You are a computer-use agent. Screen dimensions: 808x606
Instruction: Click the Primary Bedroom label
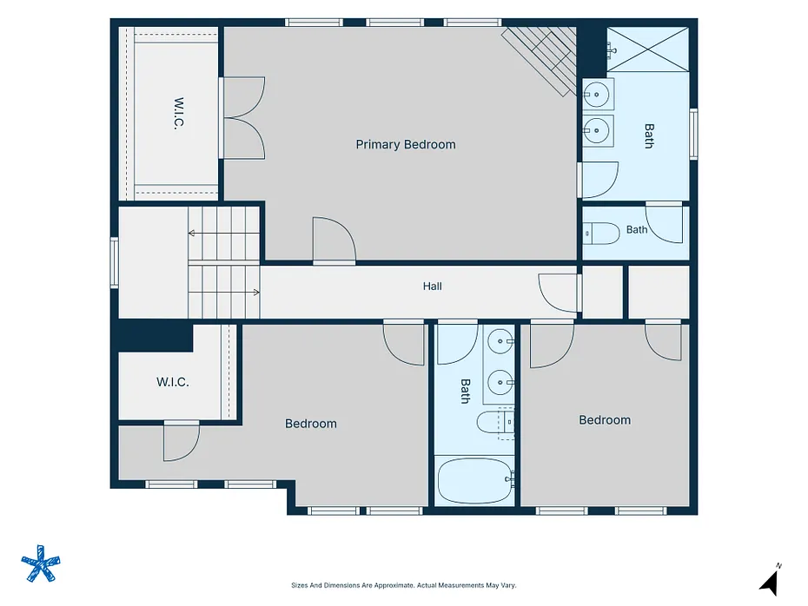click(406, 145)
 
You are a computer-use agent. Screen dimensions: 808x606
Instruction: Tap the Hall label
click(433, 287)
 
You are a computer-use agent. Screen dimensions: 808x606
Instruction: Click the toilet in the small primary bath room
click(601, 234)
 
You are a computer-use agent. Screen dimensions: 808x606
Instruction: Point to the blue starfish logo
click(41, 563)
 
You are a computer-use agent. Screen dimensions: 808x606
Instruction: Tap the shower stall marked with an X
click(648, 49)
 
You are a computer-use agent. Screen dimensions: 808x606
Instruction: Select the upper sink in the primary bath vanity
click(598, 95)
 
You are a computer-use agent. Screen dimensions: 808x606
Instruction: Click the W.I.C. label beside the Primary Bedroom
click(178, 113)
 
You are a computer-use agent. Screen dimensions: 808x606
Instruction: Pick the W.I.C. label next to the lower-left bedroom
click(173, 382)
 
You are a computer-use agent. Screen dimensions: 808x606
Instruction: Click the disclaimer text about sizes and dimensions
click(403, 585)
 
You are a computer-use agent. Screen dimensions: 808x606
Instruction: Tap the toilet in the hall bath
click(496, 423)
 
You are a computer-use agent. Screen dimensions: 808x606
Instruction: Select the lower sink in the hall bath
click(500, 383)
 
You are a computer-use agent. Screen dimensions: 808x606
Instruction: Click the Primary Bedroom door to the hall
click(334, 240)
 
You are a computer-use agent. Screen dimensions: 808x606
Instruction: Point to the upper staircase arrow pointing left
click(223, 234)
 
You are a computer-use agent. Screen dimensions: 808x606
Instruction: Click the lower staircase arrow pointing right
click(223, 293)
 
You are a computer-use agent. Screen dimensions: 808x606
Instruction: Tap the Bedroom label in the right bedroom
click(605, 420)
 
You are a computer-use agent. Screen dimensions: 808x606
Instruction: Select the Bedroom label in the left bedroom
click(311, 424)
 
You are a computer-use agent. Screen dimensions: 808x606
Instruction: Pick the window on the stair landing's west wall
click(115, 262)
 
